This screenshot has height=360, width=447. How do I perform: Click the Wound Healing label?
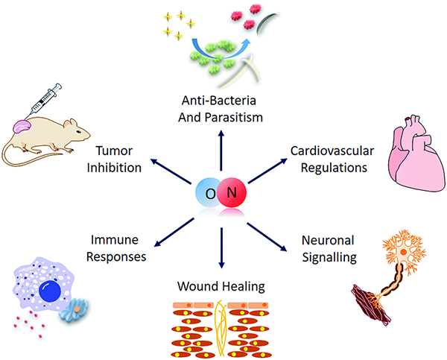223,286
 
